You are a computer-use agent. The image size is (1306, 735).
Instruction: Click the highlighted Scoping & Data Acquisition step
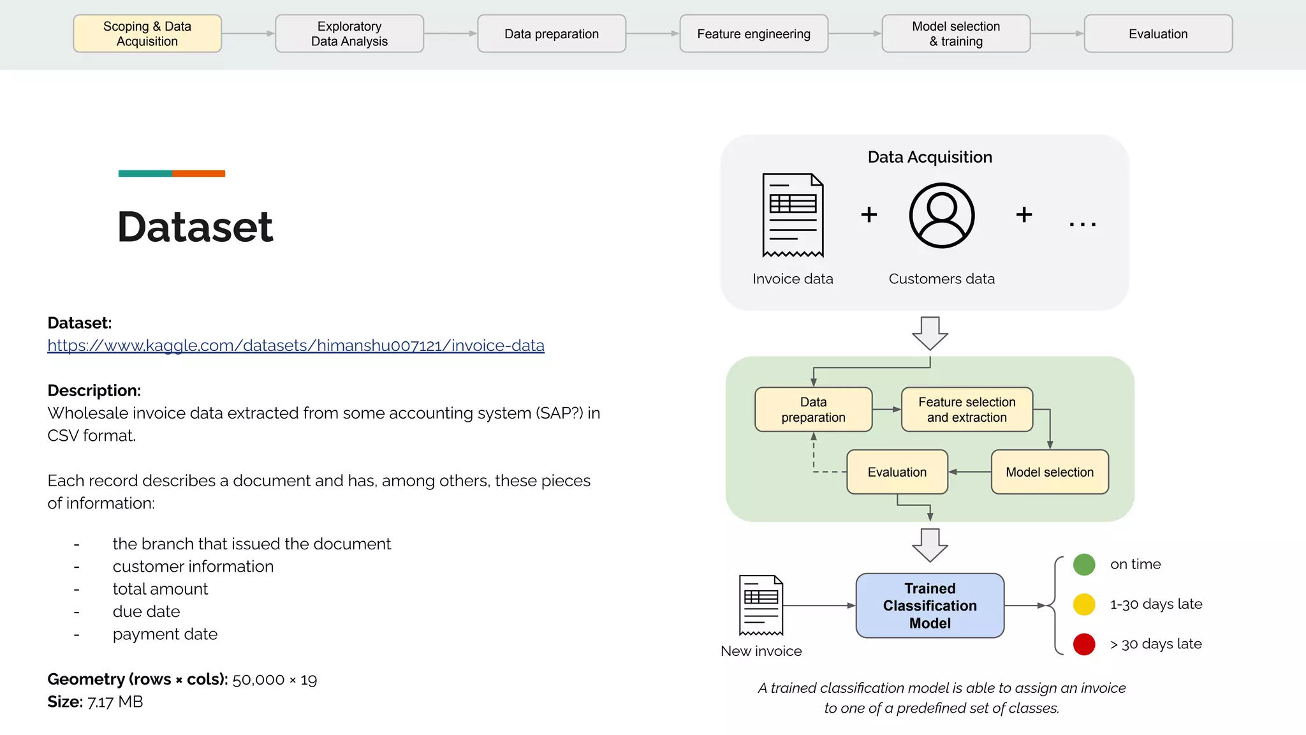point(147,34)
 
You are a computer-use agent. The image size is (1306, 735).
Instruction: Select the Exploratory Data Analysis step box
point(349,34)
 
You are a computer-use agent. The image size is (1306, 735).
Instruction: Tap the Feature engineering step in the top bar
point(754,34)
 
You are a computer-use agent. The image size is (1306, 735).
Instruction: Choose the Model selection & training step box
point(956,34)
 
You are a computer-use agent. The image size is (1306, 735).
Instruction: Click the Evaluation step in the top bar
point(1158,34)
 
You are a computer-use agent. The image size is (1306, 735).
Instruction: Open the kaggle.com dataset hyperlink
point(296,345)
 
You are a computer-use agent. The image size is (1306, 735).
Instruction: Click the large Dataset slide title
point(195,226)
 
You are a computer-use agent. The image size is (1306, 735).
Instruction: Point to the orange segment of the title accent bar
point(198,174)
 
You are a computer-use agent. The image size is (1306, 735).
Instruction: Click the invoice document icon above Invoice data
point(793,215)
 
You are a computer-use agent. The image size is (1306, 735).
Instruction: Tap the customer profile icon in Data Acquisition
point(942,215)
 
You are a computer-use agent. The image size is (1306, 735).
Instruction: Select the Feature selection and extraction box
point(967,410)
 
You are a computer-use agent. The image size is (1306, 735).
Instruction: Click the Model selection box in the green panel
point(1050,472)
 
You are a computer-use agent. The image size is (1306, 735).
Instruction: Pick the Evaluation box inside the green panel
point(897,472)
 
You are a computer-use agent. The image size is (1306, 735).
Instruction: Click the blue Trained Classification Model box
point(930,605)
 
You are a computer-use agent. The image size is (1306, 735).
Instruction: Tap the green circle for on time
point(1084,564)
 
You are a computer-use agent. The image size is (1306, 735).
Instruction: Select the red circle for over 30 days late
point(1084,644)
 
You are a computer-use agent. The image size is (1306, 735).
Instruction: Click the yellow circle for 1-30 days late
point(1084,604)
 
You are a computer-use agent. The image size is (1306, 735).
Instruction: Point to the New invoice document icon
point(761,605)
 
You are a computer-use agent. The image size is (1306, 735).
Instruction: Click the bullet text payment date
point(165,634)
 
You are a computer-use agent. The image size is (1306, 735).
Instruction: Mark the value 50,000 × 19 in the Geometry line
point(275,679)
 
